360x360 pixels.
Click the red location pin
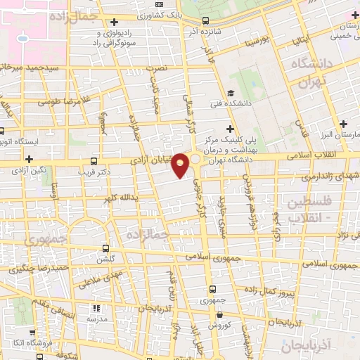click(181, 165)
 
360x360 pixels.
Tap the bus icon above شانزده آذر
click(205, 21)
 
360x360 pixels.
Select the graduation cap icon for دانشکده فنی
click(230, 94)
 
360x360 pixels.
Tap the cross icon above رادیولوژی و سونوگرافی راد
click(114, 22)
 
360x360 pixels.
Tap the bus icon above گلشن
click(105, 248)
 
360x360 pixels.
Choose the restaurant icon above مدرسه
click(96, 307)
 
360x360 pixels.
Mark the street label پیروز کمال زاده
click(307, 289)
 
